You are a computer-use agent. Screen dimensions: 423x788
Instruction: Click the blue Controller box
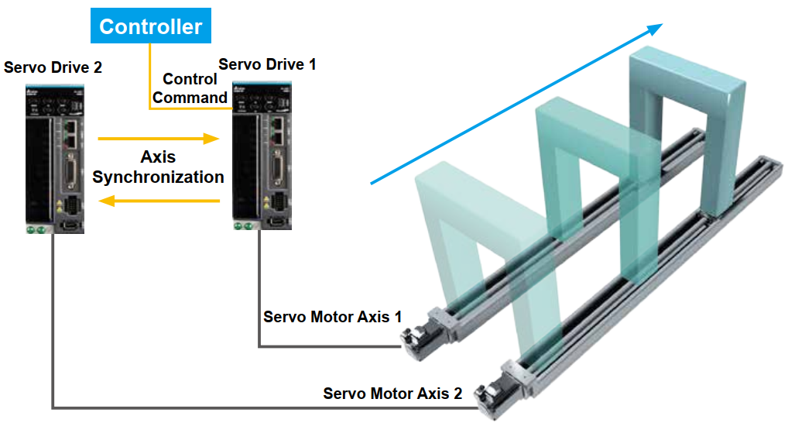151,26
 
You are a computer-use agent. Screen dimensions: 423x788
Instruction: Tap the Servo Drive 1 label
267,64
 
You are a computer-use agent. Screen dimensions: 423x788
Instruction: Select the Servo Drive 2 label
53,67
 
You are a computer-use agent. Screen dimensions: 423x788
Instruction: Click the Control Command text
190,88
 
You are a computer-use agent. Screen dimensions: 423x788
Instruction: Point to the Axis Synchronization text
159,167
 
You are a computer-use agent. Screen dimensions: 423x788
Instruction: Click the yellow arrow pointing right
159,139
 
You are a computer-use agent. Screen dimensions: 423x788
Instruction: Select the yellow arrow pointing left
159,201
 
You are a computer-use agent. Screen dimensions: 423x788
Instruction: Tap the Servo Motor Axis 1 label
332,317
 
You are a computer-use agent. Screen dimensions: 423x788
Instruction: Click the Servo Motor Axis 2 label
392,393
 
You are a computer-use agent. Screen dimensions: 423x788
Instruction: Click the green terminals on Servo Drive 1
244,226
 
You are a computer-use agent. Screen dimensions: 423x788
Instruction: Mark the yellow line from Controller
150,77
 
